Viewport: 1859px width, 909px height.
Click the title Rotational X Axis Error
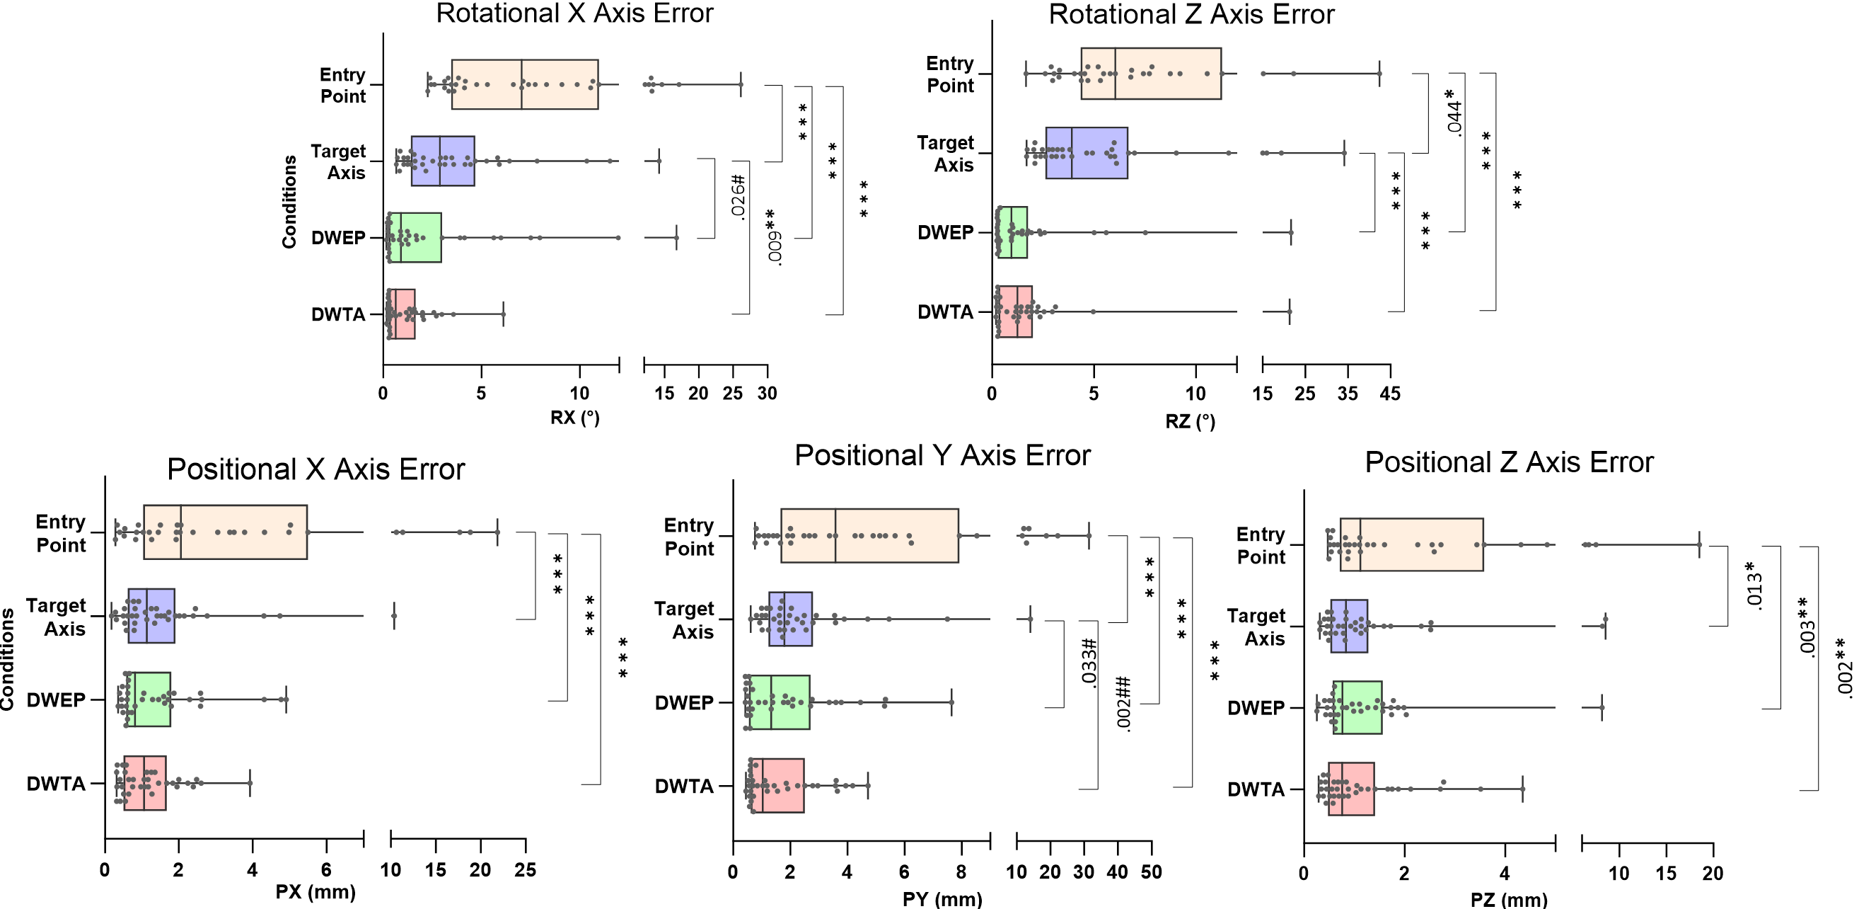[x=574, y=13]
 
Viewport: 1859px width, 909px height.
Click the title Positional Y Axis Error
[x=942, y=456]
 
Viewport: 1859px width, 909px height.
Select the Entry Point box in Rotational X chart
[x=525, y=84]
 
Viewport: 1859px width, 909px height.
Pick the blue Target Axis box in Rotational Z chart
[x=1086, y=153]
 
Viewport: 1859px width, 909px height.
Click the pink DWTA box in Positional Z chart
[x=1351, y=789]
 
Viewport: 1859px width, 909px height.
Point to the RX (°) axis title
[x=574, y=417]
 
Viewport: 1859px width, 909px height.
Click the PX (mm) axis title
[x=315, y=892]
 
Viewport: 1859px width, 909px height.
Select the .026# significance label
[x=738, y=196]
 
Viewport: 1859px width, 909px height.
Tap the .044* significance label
[x=1454, y=112]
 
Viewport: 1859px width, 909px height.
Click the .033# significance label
[x=1089, y=663]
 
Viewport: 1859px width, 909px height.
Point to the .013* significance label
[x=1754, y=585]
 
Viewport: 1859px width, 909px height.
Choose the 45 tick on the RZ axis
[x=1390, y=394]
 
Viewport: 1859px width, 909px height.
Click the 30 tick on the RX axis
[x=766, y=394]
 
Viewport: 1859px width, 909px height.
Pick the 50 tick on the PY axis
[x=1151, y=872]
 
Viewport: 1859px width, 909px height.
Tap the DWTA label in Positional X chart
[x=57, y=784]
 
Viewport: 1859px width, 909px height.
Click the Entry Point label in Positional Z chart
[x=1261, y=545]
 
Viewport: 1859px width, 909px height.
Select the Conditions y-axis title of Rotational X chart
[x=289, y=202]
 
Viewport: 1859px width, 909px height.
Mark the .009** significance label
[x=773, y=238]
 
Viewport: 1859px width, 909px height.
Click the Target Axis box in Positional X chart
[x=151, y=616]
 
